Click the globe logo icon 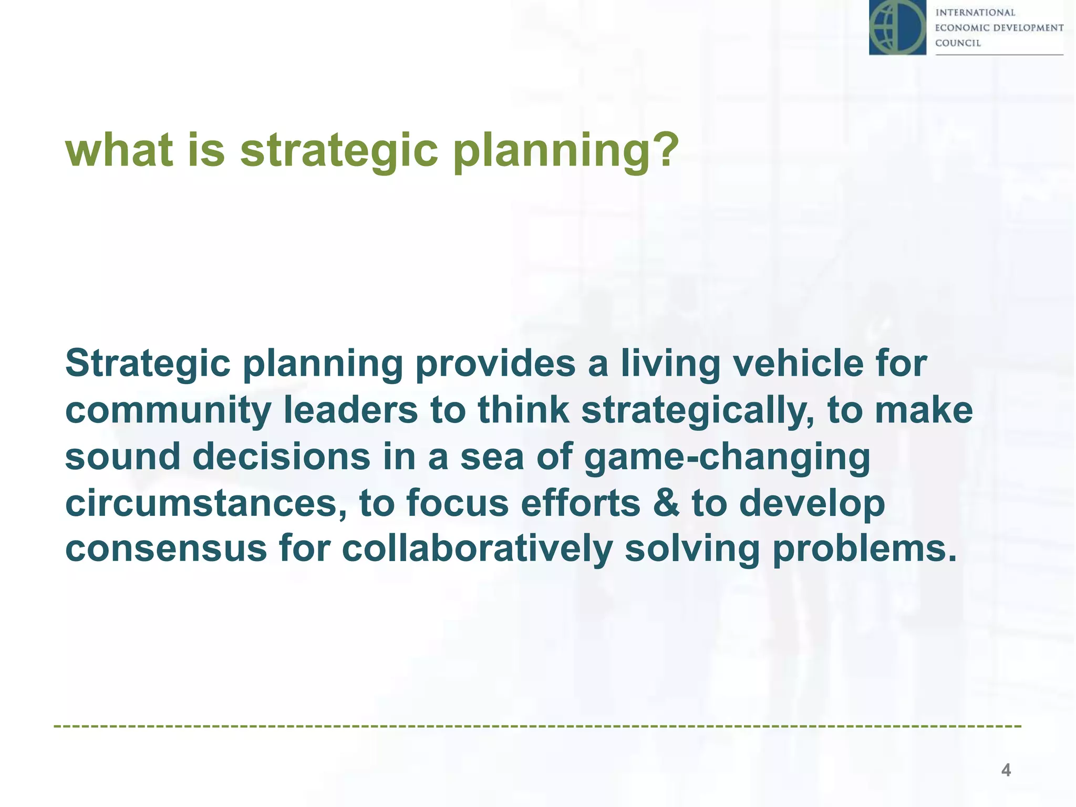(897, 27)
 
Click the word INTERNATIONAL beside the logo (975, 13)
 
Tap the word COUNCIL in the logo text (958, 43)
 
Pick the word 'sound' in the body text (122, 456)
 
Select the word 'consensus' (166, 549)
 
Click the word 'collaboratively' (477, 550)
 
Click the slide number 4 (1006, 770)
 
